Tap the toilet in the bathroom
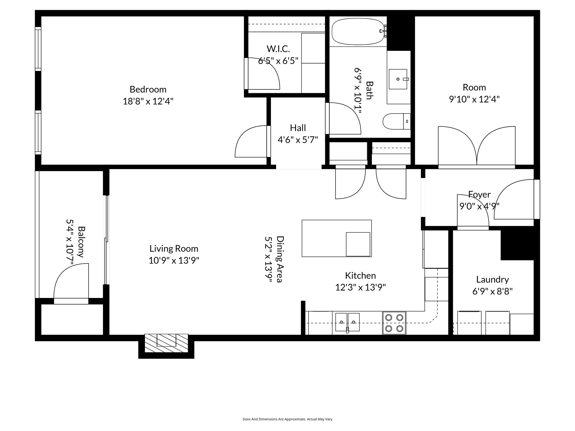[396, 121]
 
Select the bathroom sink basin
[398, 79]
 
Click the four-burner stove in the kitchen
[394, 323]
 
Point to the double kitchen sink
[347, 322]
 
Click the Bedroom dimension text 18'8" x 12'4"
[148, 101]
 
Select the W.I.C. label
[278, 49]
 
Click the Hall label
[298, 128]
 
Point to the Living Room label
[174, 249]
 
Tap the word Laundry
[492, 279]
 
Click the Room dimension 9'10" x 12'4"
[474, 99]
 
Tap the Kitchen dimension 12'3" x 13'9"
[360, 287]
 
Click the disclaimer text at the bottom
[287, 419]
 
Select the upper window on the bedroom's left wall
[38, 49]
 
